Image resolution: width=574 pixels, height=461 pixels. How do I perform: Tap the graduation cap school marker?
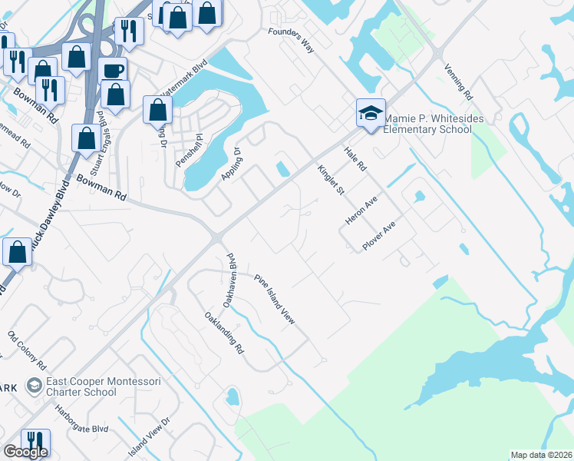(370, 114)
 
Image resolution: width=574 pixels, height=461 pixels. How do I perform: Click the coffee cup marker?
(113, 70)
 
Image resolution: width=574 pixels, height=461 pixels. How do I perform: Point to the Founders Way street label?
(291, 40)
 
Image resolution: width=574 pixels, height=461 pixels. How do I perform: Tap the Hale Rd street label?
(356, 159)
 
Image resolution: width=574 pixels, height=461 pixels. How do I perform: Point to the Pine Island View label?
(275, 299)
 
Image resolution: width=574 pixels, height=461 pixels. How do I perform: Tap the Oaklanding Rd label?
(224, 333)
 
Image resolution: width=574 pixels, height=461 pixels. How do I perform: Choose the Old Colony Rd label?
(28, 350)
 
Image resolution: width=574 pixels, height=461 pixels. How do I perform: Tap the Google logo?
(25, 452)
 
